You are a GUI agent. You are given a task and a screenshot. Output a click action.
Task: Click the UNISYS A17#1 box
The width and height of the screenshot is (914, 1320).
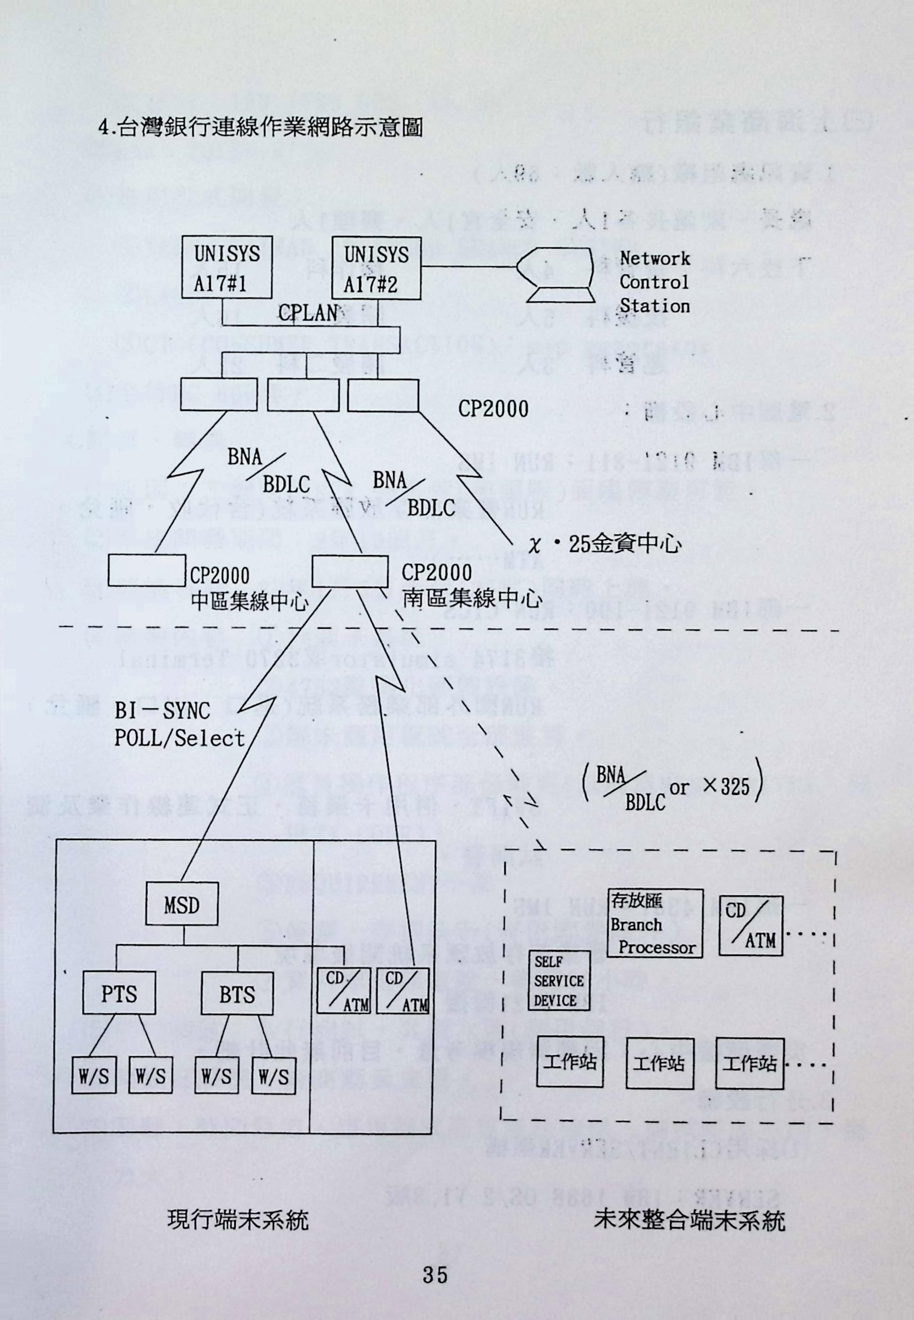[x=226, y=268]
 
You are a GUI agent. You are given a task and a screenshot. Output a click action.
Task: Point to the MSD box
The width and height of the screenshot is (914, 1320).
[x=181, y=905]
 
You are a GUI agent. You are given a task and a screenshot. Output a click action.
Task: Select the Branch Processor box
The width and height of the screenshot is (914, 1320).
[x=654, y=923]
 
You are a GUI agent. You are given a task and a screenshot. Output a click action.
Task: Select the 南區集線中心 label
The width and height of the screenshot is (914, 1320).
[x=471, y=598]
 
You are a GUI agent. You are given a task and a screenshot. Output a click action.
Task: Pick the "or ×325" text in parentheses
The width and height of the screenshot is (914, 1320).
[x=717, y=787]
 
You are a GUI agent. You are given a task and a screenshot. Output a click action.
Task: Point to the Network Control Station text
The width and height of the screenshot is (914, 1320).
[x=654, y=282]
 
